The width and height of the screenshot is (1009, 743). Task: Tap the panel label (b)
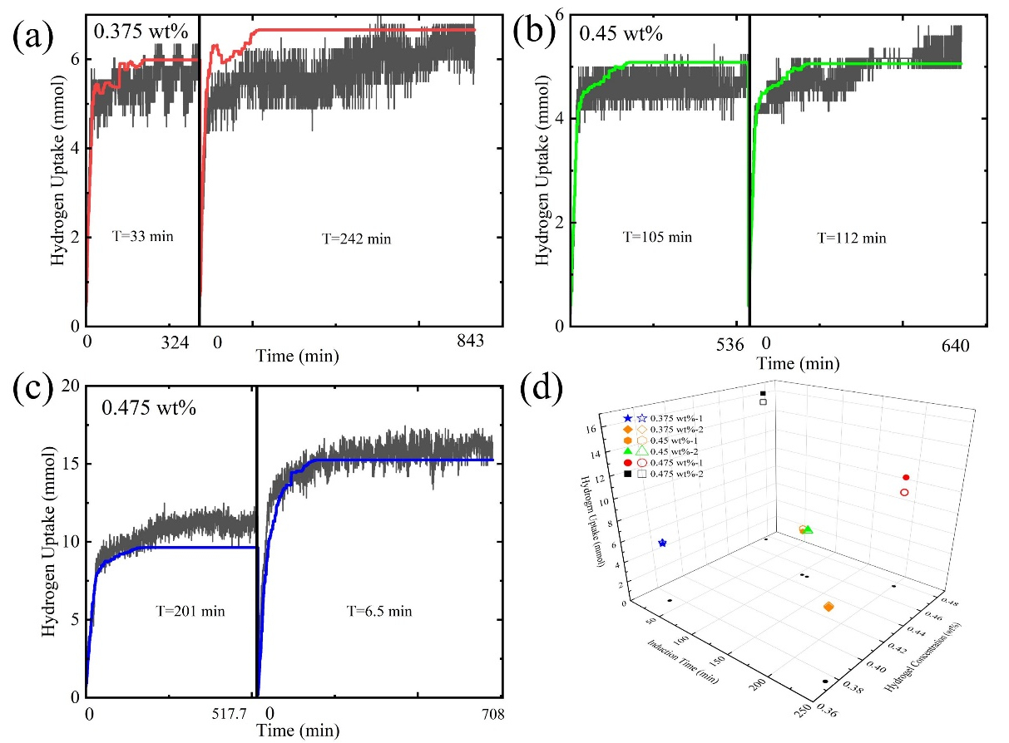534,34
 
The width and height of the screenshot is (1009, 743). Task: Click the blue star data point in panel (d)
662,543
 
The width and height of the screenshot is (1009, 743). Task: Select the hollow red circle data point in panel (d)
904,493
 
